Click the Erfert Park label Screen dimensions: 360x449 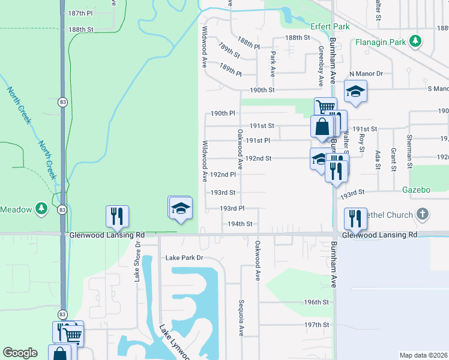tap(330, 27)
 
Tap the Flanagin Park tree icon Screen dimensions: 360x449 tap(414, 41)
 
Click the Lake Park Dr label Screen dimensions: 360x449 tap(184, 257)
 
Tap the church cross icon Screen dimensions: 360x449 tap(423, 214)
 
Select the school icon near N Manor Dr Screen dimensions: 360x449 tap(355, 92)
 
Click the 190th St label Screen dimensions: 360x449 tap(262, 90)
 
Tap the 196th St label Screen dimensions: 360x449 tap(316, 302)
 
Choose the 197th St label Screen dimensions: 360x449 tap(316, 325)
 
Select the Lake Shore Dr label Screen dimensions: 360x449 tap(137, 262)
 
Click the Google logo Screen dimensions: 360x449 tap(20, 353)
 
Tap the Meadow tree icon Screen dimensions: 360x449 tap(41, 209)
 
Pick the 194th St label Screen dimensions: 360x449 tap(240, 223)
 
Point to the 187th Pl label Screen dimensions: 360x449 tap(80, 13)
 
